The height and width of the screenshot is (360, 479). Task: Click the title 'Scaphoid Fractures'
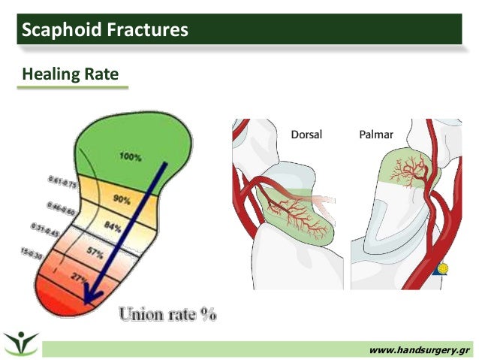pos(104,31)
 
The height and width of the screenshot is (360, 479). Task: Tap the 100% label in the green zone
pos(131,156)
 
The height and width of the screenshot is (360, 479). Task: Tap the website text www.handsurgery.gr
pos(420,349)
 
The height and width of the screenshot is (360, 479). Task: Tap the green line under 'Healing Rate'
pos(73,88)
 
